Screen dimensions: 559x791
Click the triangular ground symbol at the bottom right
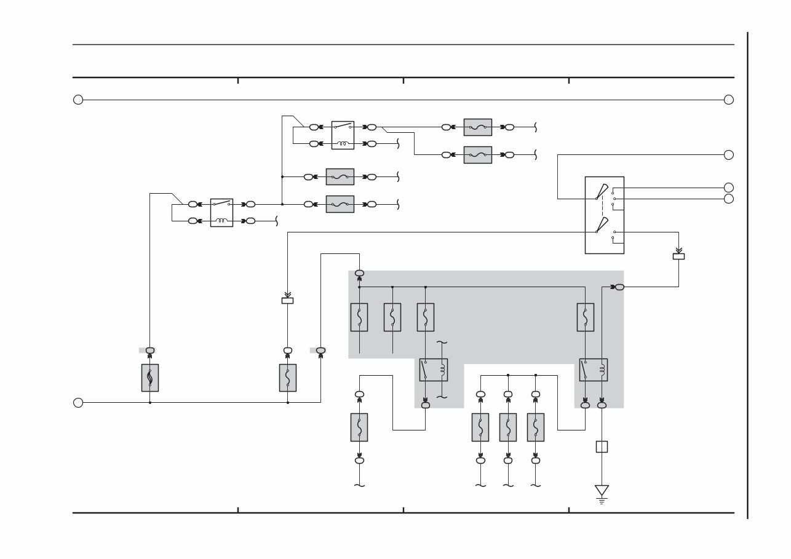602,491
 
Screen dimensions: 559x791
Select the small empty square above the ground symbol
602,446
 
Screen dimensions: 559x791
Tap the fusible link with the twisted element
150,378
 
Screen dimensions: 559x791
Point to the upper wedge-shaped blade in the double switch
601,192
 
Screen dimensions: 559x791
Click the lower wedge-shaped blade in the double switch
601,225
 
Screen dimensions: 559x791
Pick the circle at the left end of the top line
78,100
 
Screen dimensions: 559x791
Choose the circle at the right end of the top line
728,100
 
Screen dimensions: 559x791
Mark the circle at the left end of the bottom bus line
78,402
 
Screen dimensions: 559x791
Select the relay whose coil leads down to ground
593,370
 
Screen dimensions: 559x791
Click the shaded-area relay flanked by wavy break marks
433,370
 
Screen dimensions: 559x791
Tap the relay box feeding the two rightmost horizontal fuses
343,135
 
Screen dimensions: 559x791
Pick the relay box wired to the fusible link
221,212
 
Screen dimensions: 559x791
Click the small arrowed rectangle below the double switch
678,256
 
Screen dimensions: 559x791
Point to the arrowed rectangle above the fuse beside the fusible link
287,300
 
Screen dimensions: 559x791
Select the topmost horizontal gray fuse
477,127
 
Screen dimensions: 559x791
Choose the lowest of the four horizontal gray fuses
340,204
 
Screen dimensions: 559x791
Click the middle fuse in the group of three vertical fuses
508,427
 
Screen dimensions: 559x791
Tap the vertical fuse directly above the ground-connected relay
586,317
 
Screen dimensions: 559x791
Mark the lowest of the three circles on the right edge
728,199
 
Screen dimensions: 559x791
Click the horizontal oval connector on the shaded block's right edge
619,287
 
